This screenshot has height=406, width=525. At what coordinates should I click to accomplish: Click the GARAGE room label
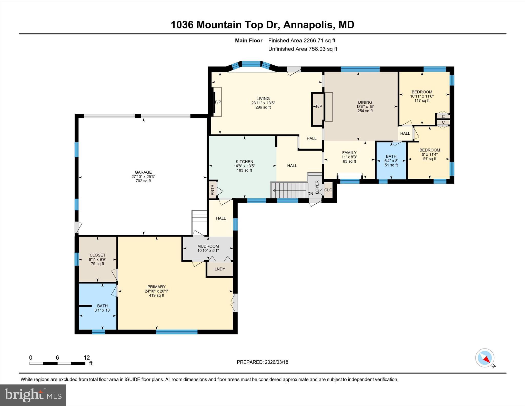143,172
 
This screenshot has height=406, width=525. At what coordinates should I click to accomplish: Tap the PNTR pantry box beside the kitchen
213,190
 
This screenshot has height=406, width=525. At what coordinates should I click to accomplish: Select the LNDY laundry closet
220,269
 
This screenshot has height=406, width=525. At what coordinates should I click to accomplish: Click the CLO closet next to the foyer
328,190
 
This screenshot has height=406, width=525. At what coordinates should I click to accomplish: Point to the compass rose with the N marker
485,358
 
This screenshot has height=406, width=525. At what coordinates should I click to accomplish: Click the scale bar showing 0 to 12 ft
57,363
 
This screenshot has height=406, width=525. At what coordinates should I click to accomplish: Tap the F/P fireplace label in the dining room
319,106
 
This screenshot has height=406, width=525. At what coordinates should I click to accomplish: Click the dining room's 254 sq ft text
365,111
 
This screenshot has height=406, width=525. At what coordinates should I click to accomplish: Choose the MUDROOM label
208,246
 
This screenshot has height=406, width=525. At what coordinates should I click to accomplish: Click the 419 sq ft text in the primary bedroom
156,295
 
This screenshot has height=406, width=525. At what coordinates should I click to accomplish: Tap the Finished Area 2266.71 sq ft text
302,41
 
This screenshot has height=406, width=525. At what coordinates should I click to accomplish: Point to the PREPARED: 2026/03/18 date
262,362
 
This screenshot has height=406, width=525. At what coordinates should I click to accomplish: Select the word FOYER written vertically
317,187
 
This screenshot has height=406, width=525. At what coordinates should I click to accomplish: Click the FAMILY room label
349,153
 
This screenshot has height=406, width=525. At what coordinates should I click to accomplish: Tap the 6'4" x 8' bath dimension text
391,161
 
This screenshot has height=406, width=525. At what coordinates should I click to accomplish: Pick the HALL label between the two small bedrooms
405,133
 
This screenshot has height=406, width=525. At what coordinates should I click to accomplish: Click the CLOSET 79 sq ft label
97,259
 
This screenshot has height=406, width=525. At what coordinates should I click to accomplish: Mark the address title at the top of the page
262,25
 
